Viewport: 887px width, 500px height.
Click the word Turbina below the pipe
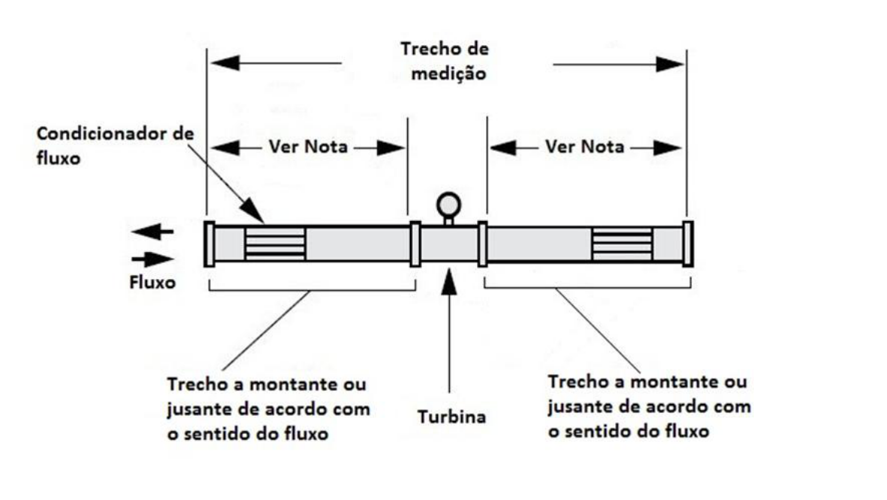(451, 417)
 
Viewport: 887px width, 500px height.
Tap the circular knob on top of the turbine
(448, 205)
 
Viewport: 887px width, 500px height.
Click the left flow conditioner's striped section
(275, 244)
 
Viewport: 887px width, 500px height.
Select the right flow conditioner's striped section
(623, 244)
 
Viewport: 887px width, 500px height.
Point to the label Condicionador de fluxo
(116, 146)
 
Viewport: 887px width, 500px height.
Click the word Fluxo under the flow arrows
(152, 282)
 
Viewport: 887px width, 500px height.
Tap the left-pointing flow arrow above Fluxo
(152, 231)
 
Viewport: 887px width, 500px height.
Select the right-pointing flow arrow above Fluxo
(152, 259)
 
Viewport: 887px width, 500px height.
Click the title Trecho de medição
(445, 61)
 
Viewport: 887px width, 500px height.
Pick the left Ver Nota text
(308, 147)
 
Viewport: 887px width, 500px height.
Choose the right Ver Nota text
(585, 147)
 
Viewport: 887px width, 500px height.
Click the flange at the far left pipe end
(210, 244)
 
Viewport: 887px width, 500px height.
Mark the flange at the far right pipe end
(688, 244)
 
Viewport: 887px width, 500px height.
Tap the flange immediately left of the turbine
(415, 244)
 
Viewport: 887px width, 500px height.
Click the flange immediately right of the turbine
(482, 244)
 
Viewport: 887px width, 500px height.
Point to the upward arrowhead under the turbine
(449, 281)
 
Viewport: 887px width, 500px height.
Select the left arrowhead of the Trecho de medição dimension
(225, 63)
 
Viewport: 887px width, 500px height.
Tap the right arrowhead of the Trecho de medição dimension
(670, 64)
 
